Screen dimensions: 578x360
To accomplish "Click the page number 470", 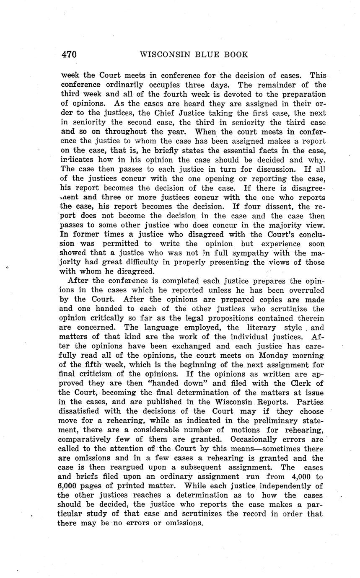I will point(69,54).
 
